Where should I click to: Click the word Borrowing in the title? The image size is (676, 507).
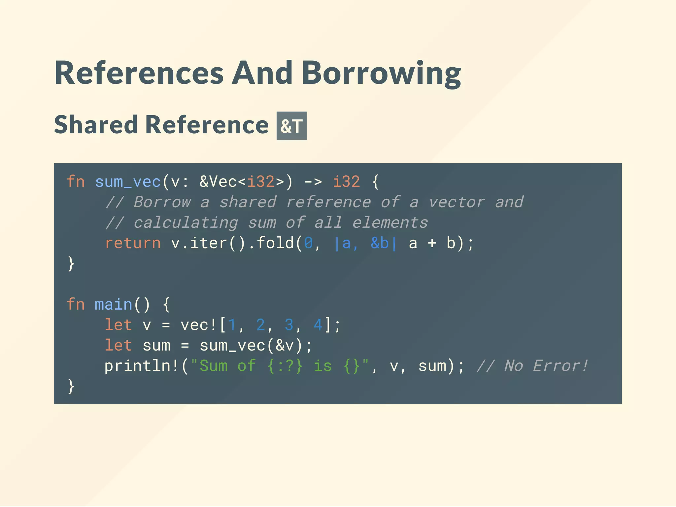[381, 73]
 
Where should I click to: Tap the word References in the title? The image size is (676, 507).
[139, 73]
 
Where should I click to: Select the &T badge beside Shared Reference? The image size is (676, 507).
[291, 126]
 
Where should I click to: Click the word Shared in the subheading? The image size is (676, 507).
[96, 125]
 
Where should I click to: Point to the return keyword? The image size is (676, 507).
[133, 243]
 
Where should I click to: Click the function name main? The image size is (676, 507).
[113, 304]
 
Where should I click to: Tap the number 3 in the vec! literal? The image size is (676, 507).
[289, 325]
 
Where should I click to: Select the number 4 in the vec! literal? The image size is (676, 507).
[318, 325]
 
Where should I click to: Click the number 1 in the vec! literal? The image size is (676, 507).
[232, 325]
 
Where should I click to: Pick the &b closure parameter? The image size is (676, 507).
[380, 243]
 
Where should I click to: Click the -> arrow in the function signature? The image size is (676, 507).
[313, 182]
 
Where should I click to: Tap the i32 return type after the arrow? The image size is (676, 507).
[346, 182]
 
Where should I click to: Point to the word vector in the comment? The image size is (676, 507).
[456, 202]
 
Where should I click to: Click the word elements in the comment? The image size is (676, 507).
[390, 223]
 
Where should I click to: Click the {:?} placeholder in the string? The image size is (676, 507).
[285, 366]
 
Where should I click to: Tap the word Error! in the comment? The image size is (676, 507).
[561, 366]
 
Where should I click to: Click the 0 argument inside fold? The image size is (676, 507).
[308, 243]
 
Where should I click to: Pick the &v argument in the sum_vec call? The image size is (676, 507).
[285, 346]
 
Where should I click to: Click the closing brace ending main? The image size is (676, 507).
[71, 386]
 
